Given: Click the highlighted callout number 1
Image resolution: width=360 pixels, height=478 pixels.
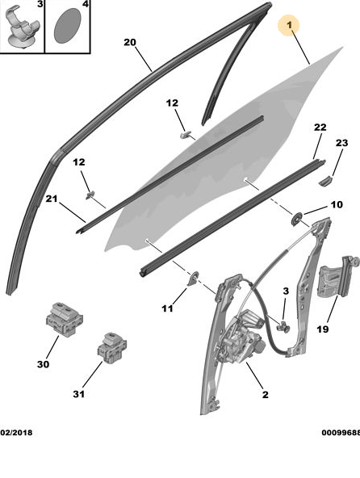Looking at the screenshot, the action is (x=289, y=25).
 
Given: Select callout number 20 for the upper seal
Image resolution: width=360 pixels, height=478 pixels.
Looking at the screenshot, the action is (x=130, y=42).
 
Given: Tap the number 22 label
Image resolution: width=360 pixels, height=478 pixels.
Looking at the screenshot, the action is (x=320, y=127).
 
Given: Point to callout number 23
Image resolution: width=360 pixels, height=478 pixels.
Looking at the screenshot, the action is (x=341, y=143).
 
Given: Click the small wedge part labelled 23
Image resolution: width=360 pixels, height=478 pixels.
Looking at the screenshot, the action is (x=325, y=181).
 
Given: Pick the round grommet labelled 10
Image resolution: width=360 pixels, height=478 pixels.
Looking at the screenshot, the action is (x=296, y=219).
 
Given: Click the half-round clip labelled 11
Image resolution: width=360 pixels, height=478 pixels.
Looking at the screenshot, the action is (x=193, y=279).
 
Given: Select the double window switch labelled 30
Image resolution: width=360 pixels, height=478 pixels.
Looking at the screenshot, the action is (x=65, y=319).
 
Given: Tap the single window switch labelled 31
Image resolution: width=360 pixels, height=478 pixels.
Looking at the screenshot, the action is (x=112, y=347).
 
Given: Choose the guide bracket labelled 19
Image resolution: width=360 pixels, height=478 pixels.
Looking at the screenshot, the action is (x=337, y=278).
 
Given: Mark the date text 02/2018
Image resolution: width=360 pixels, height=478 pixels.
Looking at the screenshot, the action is (x=16, y=432).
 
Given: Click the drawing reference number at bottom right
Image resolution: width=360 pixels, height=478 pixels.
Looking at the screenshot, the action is (x=341, y=432).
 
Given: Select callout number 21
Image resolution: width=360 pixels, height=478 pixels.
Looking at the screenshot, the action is (x=52, y=199).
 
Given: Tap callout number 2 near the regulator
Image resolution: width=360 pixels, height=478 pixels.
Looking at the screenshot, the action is (x=266, y=395).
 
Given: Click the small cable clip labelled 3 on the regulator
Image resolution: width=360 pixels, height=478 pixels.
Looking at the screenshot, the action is (x=283, y=327).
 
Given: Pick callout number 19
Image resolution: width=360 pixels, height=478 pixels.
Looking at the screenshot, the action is (x=323, y=329).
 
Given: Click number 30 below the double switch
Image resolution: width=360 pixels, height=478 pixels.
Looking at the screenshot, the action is (x=43, y=364).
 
